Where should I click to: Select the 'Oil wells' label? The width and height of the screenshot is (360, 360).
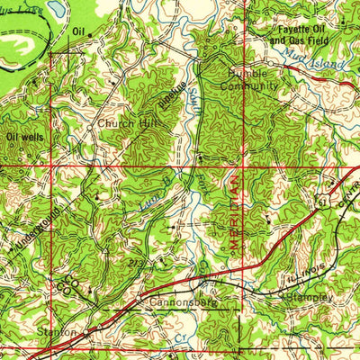23,137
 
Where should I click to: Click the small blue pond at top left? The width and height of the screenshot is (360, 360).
57,8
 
